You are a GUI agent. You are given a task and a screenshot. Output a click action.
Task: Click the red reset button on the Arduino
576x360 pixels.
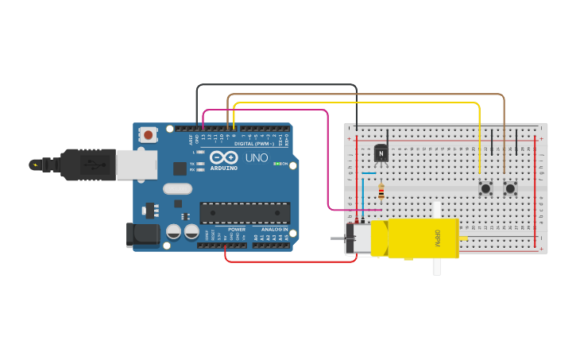tap(148, 135)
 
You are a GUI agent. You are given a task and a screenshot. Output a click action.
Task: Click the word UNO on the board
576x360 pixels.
tap(256, 157)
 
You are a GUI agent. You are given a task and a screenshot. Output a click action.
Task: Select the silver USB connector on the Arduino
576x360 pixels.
tap(136, 165)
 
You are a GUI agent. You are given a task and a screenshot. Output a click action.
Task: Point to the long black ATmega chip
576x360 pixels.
tap(244, 213)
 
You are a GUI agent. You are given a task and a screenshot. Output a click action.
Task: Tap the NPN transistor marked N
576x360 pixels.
tap(381, 153)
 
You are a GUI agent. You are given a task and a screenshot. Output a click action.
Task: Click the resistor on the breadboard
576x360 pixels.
tap(381, 192)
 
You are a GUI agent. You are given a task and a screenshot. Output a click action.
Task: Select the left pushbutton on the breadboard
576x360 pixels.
tap(485, 188)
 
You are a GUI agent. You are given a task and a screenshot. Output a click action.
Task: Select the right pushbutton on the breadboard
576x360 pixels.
tap(510, 188)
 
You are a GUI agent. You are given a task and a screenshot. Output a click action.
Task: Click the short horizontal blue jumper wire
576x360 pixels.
tap(369, 173)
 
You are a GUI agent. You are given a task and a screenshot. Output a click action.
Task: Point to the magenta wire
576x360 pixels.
tap(328, 159)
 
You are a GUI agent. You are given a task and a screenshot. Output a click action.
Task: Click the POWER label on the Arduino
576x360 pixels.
tap(237, 229)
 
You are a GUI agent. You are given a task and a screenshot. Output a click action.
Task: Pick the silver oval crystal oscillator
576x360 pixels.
tap(177, 189)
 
